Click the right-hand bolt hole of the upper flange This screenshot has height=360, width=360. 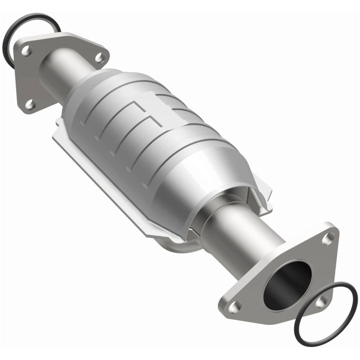coord(99,57)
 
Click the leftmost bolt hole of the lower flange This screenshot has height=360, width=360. coord(235,305)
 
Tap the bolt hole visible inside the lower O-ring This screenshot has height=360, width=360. coord(320,301)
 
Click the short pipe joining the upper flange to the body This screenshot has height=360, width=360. coord(62,75)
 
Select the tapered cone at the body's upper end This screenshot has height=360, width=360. coord(87,92)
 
